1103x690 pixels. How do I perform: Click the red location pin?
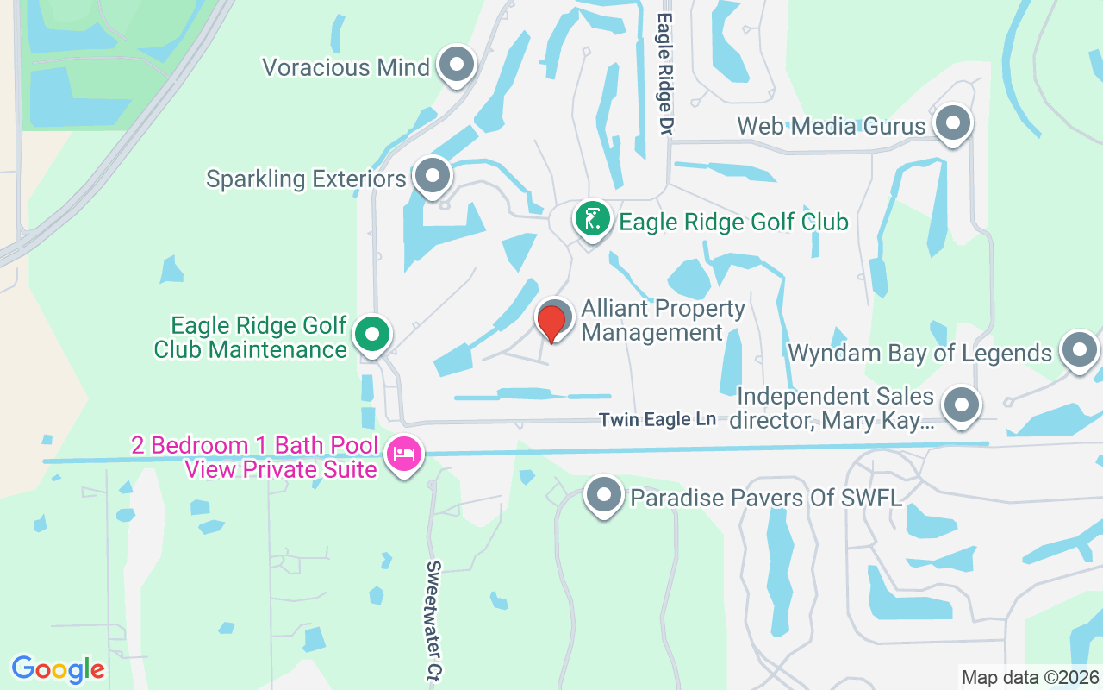pos(551,321)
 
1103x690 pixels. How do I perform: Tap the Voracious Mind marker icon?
pos(457,65)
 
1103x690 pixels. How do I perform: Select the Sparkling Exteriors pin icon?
pos(433,176)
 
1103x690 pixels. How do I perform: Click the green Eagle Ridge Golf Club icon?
pos(592,220)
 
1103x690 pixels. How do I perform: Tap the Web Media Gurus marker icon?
pos(953,123)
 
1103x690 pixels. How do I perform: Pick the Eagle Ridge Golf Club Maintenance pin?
pos(372,335)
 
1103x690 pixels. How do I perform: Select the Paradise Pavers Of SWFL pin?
pos(604,496)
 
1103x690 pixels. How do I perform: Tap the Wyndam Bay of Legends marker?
pos(1079,351)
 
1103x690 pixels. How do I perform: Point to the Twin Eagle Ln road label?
pos(657,420)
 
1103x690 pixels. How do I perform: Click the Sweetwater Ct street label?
pos(433,621)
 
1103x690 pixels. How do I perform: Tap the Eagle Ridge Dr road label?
pos(664,73)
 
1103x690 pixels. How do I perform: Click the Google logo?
pos(59,669)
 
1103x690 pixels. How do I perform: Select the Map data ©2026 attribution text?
pos(1030,677)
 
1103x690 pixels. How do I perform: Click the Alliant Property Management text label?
pos(663,321)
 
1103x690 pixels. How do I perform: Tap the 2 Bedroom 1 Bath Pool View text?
pos(254,457)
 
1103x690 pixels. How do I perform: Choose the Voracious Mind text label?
pos(346,67)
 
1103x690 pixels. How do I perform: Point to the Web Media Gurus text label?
pos(832,126)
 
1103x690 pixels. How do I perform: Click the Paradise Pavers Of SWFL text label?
pos(766,498)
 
